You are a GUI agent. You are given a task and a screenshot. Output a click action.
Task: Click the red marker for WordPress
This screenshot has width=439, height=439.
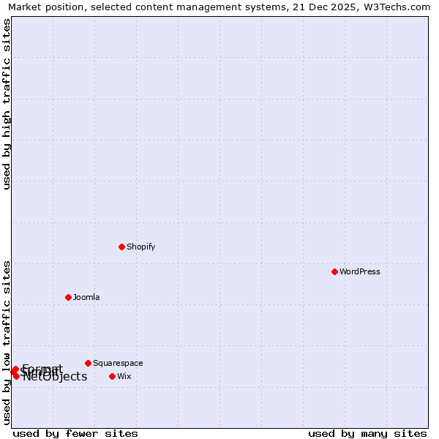[x=334, y=271]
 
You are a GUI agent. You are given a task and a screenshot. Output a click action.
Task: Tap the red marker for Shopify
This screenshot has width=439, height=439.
[x=121, y=247]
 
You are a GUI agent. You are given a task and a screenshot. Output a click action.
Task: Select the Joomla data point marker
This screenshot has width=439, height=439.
[x=68, y=297]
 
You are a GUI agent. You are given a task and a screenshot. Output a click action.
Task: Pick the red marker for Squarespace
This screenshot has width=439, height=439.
[x=88, y=363]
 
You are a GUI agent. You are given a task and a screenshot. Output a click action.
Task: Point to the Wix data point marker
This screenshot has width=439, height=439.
[x=112, y=376]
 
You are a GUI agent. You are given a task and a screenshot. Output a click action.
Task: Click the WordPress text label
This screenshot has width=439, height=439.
[x=359, y=271]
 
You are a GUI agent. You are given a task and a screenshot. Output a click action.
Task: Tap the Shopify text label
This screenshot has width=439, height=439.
[x=140, y=247]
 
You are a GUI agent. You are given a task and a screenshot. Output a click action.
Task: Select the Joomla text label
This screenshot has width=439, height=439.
[x=86, y=297]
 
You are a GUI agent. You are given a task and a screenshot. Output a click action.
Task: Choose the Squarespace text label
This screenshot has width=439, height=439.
[x=118, y=363]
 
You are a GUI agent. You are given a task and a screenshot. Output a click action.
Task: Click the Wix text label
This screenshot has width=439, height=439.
[x=124, y=376]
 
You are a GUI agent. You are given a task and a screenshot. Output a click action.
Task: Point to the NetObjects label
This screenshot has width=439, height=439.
[x=55, y=378]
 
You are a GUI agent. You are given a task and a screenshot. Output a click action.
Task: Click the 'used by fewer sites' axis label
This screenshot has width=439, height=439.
[x=75, y=433]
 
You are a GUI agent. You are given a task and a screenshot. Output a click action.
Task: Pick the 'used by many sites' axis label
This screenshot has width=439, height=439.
[x=367, y=433]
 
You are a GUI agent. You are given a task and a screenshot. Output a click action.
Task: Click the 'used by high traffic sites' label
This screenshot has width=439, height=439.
[x=7, y=104]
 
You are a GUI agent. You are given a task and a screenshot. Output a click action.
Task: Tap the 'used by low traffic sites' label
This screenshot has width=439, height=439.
[x=7, y=342]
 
